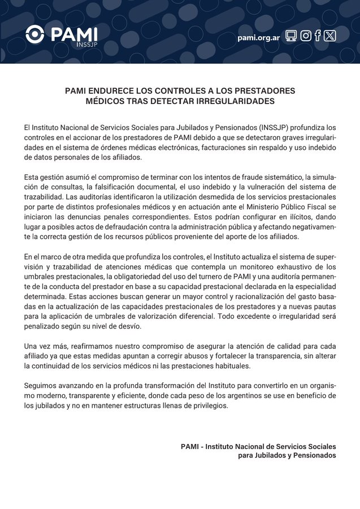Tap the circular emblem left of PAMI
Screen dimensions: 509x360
(x=36, y=35)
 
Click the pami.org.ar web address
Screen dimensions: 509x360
(x=259, y=37)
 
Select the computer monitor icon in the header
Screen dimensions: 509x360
(x=291, y=36)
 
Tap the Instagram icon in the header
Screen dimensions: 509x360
(x=306, y=36)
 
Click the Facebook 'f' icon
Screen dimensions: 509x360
(x=318, y=36)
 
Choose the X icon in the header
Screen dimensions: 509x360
(x=330, y=36)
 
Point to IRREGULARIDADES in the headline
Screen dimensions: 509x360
(x=227, y=101)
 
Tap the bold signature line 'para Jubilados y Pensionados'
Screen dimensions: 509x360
(x=287, y=455)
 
